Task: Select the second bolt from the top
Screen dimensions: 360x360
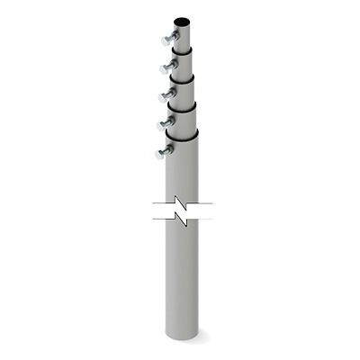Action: (x=166, y=67)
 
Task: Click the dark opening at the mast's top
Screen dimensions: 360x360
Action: (x=184, y=19)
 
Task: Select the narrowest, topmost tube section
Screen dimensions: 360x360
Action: (x=184, y=34)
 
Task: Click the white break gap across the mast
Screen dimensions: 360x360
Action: (x=183, y=213)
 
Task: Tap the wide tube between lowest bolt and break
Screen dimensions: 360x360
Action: (x=184, y=175)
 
